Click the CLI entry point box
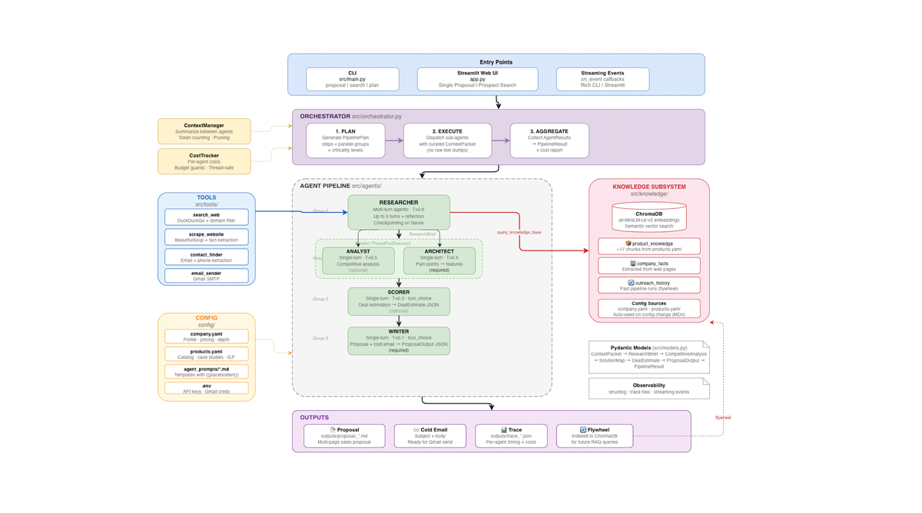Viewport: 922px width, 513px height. (352, 79)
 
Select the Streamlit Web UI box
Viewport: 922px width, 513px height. (477, 79)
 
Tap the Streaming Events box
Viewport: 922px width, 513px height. (602, 79)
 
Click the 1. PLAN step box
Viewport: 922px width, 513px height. (345, 141)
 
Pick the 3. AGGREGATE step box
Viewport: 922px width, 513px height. (549, 141)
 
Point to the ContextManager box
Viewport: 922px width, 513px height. (204, 131)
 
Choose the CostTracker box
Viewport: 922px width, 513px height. (204, 161)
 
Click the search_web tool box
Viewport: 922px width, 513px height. (206, 217)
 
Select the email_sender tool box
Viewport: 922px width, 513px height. (206, 276)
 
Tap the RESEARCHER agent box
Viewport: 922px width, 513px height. (399, 212)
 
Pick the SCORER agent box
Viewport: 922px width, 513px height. (399, 301)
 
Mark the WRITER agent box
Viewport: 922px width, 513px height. (399, 340)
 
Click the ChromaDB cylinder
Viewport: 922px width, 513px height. (648, 217)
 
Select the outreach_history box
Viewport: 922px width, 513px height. (648, 285)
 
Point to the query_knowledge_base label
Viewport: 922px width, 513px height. (519, 232)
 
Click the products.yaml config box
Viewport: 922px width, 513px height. (206, 354)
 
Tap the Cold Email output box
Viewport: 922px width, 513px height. (429, 436)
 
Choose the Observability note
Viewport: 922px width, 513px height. (648, 388)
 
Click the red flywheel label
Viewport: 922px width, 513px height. (723, 418)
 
